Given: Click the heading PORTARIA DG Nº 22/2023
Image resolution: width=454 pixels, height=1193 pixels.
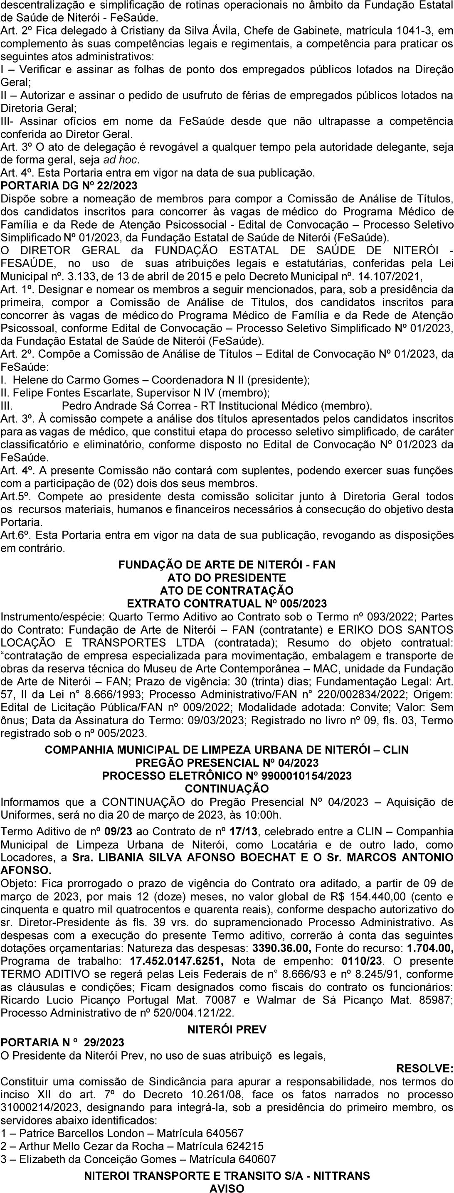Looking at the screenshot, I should tap(69, 186).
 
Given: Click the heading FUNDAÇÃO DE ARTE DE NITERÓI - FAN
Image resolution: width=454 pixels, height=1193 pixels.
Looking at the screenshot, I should tap(227, 565).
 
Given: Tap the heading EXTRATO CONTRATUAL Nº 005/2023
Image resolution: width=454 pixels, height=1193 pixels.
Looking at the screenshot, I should tap(227, 604).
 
